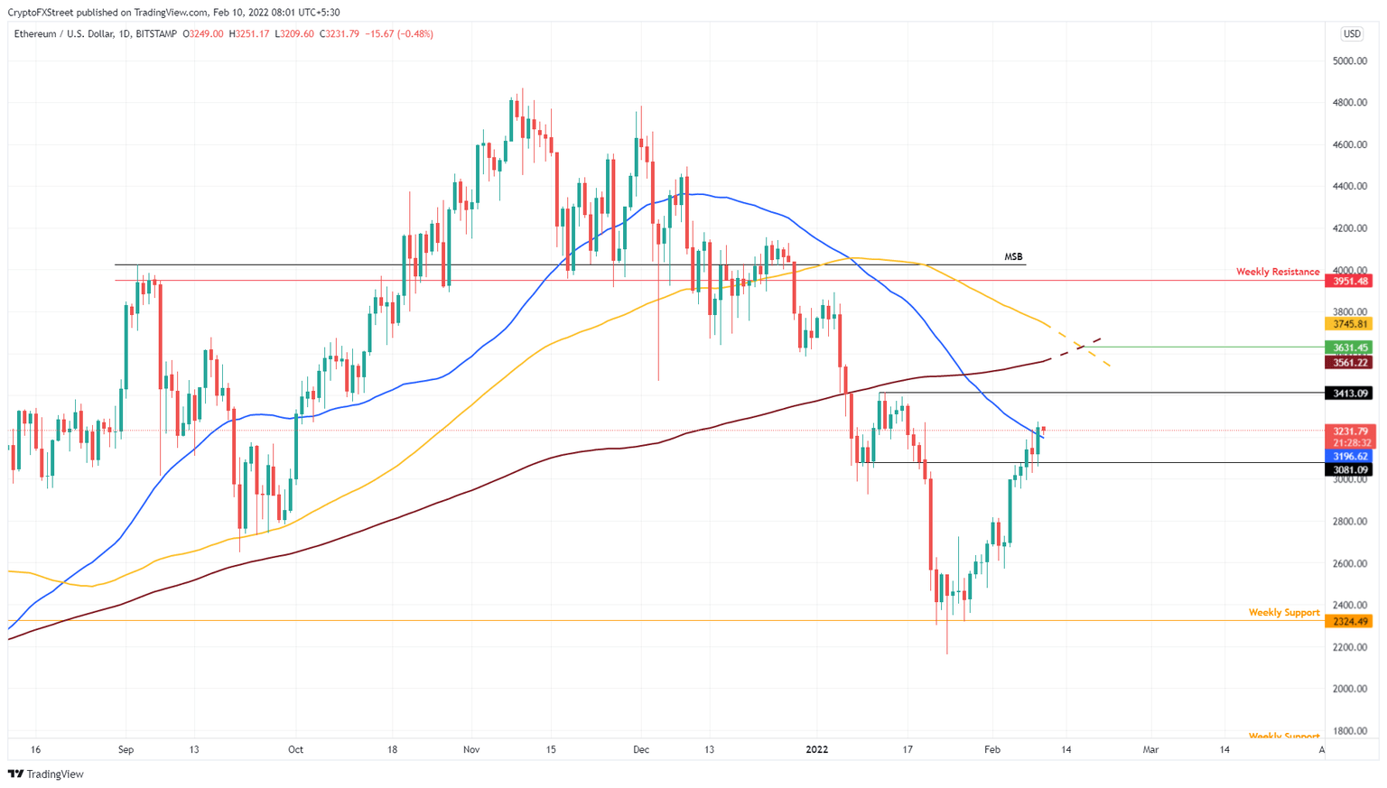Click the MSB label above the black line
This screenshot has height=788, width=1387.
(1013, 257)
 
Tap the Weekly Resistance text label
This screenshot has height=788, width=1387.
(1277, 272)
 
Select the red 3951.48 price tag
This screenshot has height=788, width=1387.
(1349, 282)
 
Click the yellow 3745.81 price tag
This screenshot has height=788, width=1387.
(1349, 324)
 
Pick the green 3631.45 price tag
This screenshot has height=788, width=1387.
(1349, 348)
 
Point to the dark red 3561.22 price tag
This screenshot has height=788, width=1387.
(1349, 363)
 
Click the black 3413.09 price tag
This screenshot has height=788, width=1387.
(1349, 394)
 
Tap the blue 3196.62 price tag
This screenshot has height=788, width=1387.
(1349, 457)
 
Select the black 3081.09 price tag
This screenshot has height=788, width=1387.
(1349, 470)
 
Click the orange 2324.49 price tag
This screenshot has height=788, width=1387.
(1349, 622)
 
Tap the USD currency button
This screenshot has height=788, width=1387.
(1351, 34)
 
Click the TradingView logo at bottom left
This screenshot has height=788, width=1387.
(46, 774)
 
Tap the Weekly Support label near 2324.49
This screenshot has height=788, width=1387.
(1283, 613)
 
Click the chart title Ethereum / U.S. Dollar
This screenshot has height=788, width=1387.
(64, 34)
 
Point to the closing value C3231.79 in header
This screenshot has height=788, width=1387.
(340, 34)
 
